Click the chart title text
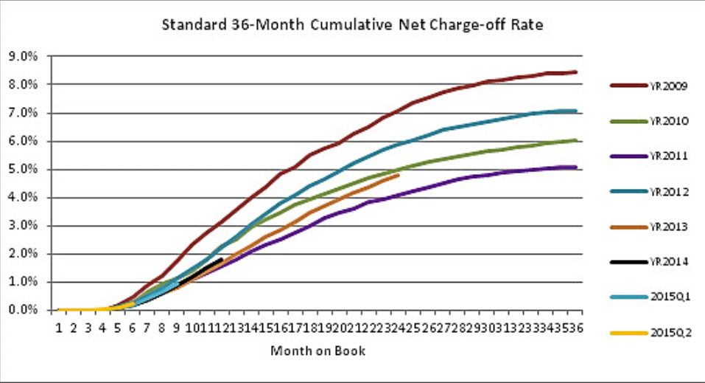(x=352, y=26)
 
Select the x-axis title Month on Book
(x=317, y=351)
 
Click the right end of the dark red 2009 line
(x=576, y=72)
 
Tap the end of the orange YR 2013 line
(x=399, y=175)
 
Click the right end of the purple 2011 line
(x=576, y=167)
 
